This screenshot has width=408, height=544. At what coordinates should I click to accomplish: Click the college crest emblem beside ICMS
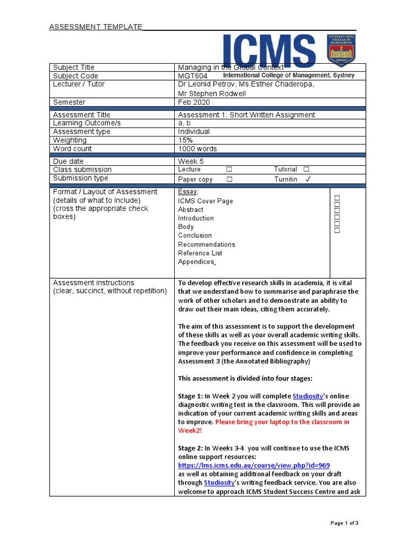click(x=341, y=51)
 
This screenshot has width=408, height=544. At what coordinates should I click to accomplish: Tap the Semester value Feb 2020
click(x=194, y=102)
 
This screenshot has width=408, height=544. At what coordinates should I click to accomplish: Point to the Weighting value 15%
click(x=185, y=140)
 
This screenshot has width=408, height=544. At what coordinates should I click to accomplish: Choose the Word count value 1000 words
click(x=197, y=149)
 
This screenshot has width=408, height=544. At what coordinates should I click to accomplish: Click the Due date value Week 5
click(x=190, y=161)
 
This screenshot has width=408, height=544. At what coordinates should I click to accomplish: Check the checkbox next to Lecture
click(x=229, y=169)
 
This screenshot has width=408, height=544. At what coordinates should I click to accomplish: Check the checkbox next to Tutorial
click(x=307, y=169)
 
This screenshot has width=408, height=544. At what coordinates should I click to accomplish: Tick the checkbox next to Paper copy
click(x=229, y=180)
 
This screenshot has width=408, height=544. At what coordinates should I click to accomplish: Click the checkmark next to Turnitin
click(x=308, y=180)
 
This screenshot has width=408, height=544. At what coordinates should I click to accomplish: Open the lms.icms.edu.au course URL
click(x=254, y=465)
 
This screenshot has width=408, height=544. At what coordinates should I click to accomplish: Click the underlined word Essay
click(x=188, y=192)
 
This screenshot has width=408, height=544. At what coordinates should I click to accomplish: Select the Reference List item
click(x=200, y=253)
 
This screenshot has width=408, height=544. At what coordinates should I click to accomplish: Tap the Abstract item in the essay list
click(x=190, y=210)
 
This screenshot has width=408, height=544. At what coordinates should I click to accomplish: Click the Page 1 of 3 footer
click(x=345, y=523)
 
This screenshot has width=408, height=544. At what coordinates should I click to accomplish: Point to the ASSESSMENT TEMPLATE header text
click(x=96, y=27)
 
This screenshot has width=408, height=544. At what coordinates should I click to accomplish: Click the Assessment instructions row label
click(x=93, y=283)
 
